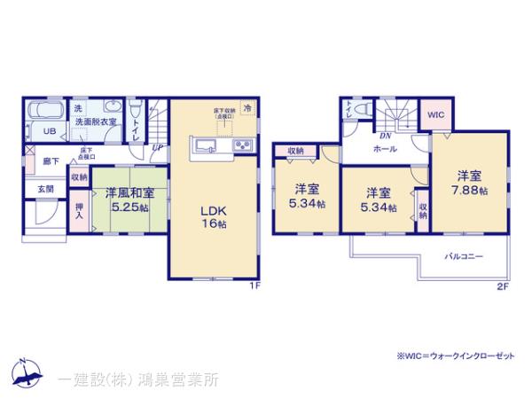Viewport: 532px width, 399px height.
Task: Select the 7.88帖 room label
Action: tap(469, 184)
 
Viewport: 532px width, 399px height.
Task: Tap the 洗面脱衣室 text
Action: tap(96, 121)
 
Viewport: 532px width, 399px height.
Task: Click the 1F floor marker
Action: tap(254, 285)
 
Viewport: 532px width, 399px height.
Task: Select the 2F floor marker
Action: tap(502, 285)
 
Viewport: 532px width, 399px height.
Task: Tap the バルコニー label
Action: tap(463, 255)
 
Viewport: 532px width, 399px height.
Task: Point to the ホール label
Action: tap(385, 149)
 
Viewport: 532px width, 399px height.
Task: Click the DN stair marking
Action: tap(387, 136)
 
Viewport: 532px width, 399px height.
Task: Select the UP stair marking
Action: tap(156, 146)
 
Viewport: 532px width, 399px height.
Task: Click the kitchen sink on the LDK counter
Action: tap(202, 146)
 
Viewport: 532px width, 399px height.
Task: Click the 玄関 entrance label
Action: tap(45, 189)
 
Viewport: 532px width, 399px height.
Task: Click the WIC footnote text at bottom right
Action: tap(455, 356)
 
